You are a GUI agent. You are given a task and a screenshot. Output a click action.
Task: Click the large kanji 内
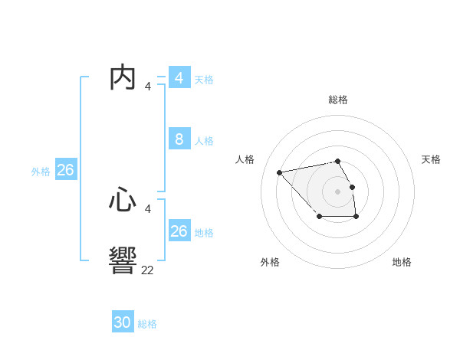tap(123, 78)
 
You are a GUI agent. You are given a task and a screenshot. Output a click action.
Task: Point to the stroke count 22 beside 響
tap(147, 269)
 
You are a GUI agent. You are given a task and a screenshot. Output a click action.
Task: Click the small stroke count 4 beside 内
tap(147, 87)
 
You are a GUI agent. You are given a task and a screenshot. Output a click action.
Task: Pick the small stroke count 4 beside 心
tap(147, 208)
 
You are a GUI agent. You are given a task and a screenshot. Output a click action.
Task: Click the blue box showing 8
tap(179, 139)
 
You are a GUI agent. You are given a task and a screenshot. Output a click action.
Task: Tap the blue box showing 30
tap(123, 322)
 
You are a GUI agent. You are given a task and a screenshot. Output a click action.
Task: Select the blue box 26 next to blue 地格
tap(179, 231)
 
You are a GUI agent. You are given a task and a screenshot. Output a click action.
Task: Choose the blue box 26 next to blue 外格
tap(65, 170)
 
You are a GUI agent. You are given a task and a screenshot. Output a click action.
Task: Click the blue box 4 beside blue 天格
tap(179, 78)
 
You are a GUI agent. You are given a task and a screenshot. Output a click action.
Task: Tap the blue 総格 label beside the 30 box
tap(147, 324)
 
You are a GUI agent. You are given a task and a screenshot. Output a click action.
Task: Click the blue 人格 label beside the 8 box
tap(204, 141)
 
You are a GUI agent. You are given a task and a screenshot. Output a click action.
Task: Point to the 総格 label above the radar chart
tap(337, 100)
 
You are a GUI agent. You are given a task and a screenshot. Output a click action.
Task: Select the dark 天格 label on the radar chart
tap(431, 159)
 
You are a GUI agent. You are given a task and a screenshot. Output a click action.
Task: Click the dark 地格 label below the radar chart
tap(402, 262)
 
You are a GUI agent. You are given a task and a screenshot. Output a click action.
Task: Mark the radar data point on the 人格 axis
tap(279, 172)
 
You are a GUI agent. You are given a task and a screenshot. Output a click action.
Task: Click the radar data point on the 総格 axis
tap(337, 161)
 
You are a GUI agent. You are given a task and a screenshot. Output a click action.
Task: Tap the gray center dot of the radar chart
tap(337, 191)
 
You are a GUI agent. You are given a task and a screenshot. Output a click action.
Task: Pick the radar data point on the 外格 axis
tap(319, 217)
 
